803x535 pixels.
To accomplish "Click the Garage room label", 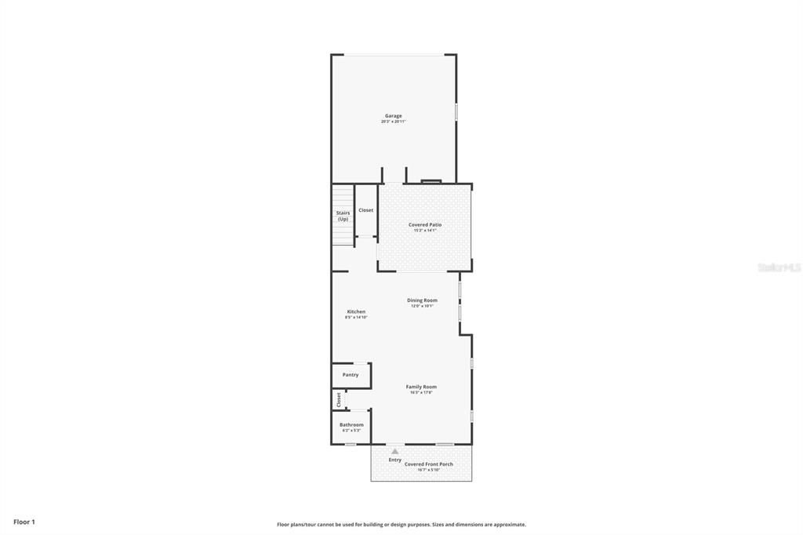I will [393, 116].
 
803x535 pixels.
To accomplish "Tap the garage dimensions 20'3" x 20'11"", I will [393, 122].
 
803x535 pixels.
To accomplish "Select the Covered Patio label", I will [425, 225].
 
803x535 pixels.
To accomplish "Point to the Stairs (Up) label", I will [343, 216].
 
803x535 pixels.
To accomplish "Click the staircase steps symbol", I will [342, 197].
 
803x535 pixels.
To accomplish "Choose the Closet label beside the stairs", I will [366, 210].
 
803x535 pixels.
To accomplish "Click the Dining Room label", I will [422, 300].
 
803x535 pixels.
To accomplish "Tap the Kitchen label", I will [356, 311].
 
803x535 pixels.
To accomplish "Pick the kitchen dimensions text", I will [356, 317].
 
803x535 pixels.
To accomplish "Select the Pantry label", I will [351, 375].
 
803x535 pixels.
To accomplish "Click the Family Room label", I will [421, 387].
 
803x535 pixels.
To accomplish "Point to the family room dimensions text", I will [421, 392].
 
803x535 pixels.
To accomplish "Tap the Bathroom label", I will [351, 424].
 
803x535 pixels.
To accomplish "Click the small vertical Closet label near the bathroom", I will [339, 399].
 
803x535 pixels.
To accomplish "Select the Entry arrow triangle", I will [395, 451].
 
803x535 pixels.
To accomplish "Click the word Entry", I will [395, 460].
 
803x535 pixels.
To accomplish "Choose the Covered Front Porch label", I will [429, 464].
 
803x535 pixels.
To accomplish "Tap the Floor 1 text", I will [24, 522].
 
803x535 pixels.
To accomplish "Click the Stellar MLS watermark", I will [779, 267].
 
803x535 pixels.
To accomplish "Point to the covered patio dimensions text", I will [425, 231].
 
